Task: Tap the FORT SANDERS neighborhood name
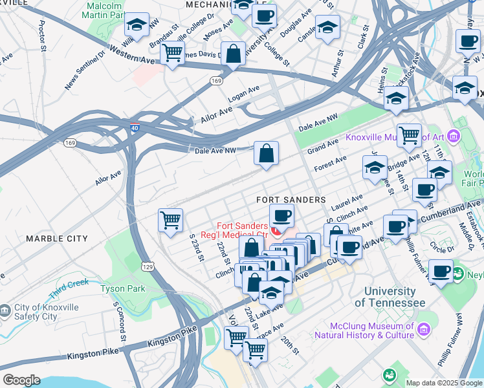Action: click(x=290, y=200)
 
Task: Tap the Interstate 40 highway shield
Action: click(x=134, y=128)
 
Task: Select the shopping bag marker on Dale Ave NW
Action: click(x=266, y=154)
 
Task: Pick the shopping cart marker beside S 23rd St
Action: click(x=171, y=220)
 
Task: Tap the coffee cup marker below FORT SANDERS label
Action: click(x=281, y=216)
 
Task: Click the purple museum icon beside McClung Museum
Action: click(x=424, y=330)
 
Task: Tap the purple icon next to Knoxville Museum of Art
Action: click(x=452, y=136)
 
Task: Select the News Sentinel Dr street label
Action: click(x=84, y=69)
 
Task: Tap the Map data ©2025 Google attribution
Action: click(x=444, y=383)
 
